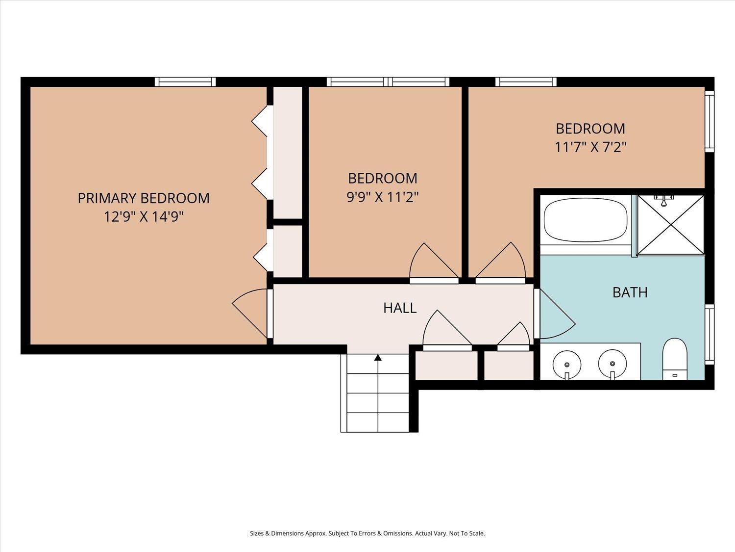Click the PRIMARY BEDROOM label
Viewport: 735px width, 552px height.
click(143, 198)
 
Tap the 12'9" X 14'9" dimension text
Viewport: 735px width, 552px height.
click(144, 217)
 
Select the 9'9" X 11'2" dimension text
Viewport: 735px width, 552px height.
click(382, 197)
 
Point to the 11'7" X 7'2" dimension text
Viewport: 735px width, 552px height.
click(590, 147)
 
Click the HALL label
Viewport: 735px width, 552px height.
click(400, 308)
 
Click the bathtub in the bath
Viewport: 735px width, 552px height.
click(586, 219)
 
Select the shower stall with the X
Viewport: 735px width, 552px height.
click(671, 225)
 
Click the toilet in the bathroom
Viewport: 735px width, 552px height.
click(675, 359)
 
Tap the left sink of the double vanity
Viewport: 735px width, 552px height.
click(566, 365)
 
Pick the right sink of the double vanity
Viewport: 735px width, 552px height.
click(612, 364)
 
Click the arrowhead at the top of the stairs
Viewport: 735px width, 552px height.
click(378, 358)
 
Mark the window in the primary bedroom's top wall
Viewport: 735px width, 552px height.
click(185, 82)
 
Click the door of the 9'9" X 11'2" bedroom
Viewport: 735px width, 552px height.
click(434, 263)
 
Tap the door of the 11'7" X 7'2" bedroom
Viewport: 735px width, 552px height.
click(500, 263)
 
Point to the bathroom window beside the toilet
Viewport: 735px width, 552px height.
click(710, 334)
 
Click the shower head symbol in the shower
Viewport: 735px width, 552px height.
click(663, 201)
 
